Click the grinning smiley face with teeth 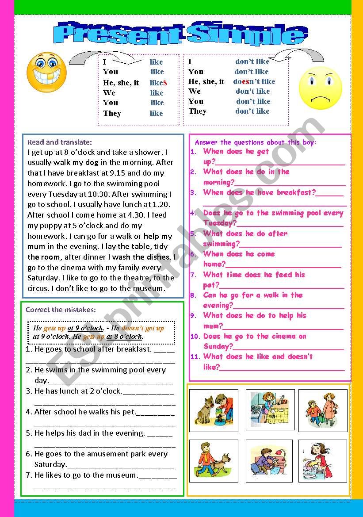click(x=46, y=72)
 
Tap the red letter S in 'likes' click(x=164, y=83)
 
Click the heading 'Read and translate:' click(x=60, y=142)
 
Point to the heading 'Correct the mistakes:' click(x=61, y=310)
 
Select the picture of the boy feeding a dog click(x=214, y=410)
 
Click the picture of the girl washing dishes click(x=322, y=461)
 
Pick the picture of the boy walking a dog click(x=214, y=461)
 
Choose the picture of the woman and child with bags click(x=322, y=410)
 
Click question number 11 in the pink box click(x=195, y=357)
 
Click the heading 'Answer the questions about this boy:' click(x=256, y=142)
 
